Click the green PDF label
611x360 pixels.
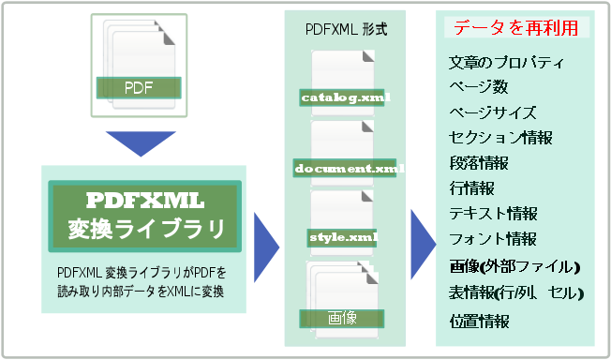[x=139, y=89]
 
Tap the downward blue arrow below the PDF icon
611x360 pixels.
[x=141, y=142]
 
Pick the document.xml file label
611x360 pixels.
[x=348, y=169]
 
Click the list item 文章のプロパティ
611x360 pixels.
[x=506, y=64]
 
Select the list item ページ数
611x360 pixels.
[x=478, y=88]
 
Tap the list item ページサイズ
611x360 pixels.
[x=492, y=112]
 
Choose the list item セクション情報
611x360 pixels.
[x=500, y=138]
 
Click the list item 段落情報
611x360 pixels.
[x=479, y=163]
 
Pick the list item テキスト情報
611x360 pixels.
[x=494, y=214]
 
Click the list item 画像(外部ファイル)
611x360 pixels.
[x=514, y=267]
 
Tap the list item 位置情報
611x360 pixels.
[x=479, y=321]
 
